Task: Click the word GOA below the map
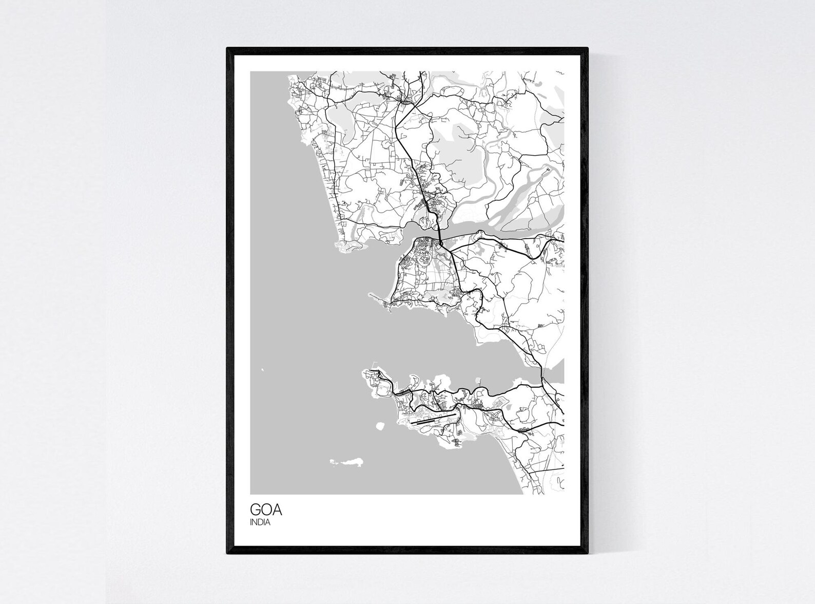266,511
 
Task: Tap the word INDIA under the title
260,523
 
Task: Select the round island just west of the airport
381,426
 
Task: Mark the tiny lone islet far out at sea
261,369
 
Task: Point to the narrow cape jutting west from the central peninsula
375,295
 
